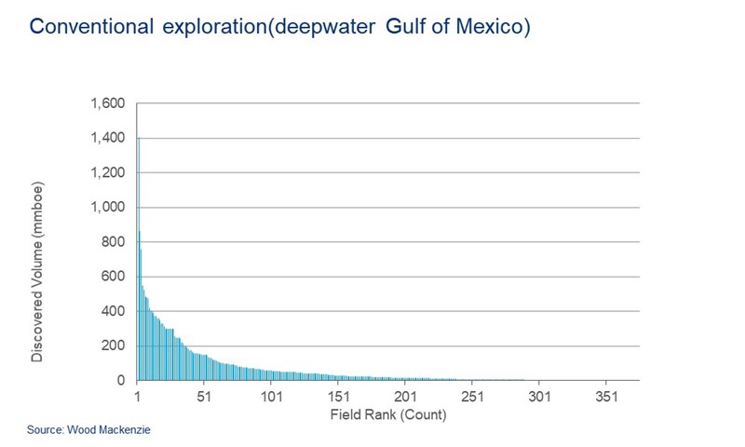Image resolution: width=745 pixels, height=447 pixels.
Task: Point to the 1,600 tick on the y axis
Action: (108, 103)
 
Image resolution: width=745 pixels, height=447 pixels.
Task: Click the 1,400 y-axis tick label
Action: (108, 138)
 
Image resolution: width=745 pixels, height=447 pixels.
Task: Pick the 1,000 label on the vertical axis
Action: (108, 207)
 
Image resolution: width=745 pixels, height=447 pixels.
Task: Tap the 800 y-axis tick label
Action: (114, 242)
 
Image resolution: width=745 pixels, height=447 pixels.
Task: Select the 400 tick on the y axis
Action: (114, 311)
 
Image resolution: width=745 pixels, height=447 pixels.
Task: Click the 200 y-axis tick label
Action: (114, 345)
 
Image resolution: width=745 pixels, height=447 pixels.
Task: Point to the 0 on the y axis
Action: (121, 380)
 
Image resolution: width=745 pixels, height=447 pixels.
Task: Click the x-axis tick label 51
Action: (204, 396)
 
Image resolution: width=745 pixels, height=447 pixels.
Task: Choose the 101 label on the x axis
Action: (271, 396)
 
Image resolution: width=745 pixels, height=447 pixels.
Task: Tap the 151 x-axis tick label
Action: (338, 396)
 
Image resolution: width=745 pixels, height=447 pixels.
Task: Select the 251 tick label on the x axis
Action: (473, 396)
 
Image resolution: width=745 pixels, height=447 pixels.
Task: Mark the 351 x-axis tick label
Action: (606, 396)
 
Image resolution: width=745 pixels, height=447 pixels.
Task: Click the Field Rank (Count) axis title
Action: (388, 413)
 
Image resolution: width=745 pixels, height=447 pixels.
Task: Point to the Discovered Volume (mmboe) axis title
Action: (37, 272)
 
